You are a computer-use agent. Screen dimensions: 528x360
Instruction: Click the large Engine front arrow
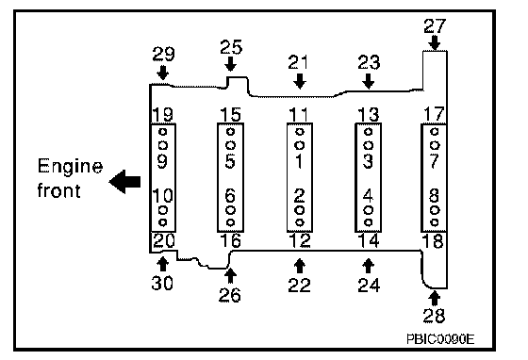click(x=124, y=182)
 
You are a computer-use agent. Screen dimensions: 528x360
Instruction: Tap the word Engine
click(x=70, y=166)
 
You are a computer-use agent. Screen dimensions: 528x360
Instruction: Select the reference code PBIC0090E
click(x=440, y=339)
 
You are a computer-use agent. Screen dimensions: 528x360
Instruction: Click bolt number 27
click(x=435, y=25)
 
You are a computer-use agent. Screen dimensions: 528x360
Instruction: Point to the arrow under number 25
click(x=230, y=64)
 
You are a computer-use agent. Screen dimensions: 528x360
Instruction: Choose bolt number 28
click(x=434, y=316)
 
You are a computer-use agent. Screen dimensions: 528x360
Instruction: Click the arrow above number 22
click(x=300, y=266)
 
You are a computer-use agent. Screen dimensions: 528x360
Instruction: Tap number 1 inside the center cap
click(x=299, y=161)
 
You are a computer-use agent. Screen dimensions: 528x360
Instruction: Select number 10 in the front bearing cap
click(x=163, y=196)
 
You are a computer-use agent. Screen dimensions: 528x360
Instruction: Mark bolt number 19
click(x=163, y=115)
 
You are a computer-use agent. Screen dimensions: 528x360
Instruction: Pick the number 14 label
click(x=369, y=240)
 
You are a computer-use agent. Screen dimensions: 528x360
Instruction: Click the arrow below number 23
click(x=369, y=81)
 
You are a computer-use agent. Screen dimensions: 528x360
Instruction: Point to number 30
click(x=162, y=283)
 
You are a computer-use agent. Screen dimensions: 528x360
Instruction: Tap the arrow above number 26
click(x=230, y=275)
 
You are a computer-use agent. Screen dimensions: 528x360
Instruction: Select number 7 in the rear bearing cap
click(x=435, y=161)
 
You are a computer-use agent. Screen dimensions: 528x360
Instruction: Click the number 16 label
click(x=231, y=240)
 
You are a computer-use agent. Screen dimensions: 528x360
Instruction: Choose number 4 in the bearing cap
click(x=368, y=196)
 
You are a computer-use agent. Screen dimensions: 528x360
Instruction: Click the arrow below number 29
click(x=163, y=73)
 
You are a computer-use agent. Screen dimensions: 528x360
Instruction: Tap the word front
click(x=58, y=190)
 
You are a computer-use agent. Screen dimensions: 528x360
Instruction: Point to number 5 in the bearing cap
click(x=230, y=161)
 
